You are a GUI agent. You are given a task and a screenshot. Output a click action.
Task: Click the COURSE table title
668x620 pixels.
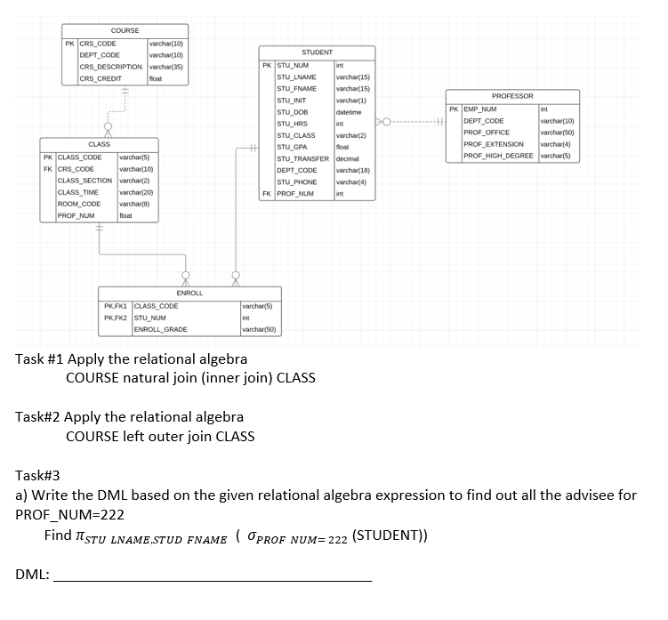coord(125,30)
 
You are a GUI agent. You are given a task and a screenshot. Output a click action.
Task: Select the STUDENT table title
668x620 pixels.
coord(317,53)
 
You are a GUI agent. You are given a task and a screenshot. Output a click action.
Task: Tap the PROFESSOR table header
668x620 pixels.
coord(512,96)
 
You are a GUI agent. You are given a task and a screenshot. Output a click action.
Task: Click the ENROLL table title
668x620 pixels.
coord(189,293)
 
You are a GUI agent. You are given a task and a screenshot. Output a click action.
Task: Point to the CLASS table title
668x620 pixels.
coord(99,144)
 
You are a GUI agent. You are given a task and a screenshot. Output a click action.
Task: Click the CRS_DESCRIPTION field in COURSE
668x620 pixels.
coord(111,67)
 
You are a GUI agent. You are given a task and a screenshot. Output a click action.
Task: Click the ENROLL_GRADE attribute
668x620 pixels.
coord(160,329)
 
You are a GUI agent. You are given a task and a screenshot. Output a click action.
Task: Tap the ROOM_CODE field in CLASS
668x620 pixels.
coord(79,203)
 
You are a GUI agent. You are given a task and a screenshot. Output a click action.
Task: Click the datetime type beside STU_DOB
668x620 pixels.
coord(349,112)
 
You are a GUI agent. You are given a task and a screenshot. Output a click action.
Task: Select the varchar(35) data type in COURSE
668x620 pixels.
coord(166,67)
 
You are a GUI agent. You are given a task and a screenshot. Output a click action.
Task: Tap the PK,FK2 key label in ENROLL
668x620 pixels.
coord(117,318)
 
